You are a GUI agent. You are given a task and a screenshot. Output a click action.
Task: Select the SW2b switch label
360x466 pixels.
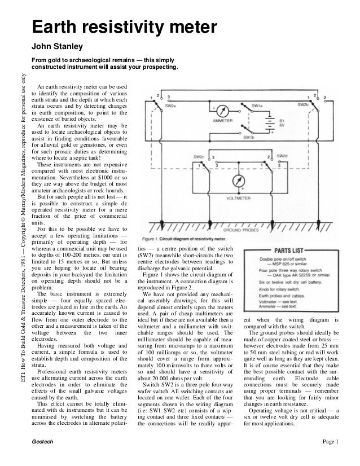(303, 104)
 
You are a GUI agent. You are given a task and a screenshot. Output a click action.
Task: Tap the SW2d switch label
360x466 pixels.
(282, 155)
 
